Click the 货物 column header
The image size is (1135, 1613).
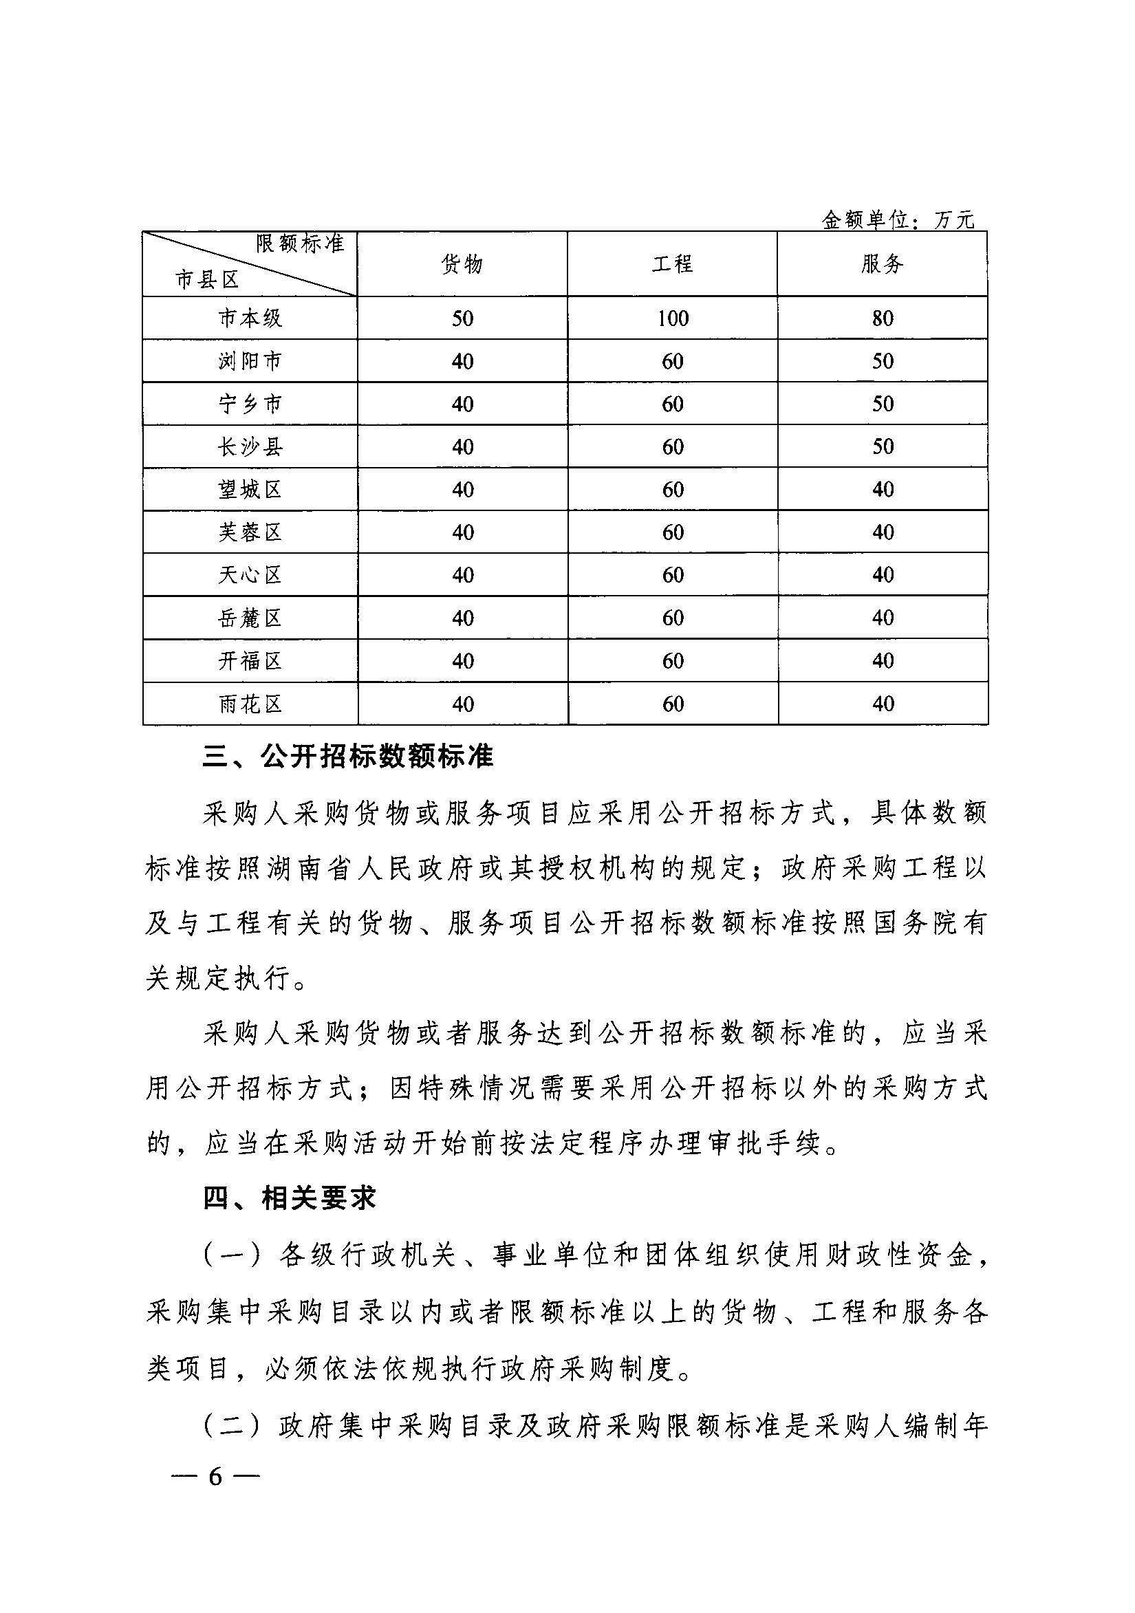[x=462, y=264]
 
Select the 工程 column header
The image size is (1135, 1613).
[x=672, y=264]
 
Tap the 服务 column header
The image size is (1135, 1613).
[x=882, y=264]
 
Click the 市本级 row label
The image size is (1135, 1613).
[x=250, y=318]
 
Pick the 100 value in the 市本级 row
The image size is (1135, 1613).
[x=673, y=318]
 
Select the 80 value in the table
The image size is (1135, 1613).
[x=882, y=318]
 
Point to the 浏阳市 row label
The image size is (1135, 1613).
[x=250, y=361]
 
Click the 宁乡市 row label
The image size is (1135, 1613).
[x=250, y=404]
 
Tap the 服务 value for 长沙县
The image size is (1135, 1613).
[x=882, y=447]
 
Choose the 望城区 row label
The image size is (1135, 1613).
[x=250, y=490]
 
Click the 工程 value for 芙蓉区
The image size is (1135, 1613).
[x=673, y=532]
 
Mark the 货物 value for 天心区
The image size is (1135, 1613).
[x=462, y=575]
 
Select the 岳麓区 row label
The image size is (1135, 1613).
[x=250, y=618]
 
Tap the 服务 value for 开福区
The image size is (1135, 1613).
[x=882, y=661]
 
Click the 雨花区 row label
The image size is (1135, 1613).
[x=250, y=704]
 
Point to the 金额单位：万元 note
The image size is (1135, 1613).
[x=898, y=221]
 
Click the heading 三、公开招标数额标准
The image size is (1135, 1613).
[x=347, y=757]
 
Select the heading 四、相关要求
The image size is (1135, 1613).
[x=290, y=1198]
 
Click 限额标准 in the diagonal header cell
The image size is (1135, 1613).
[x=300, y=243]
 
